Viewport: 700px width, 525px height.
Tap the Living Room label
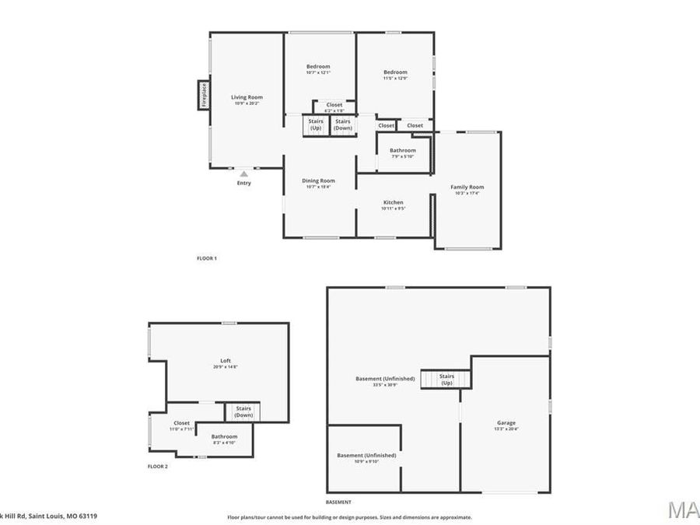[x=247, y=97]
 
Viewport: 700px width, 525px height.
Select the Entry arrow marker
[x=243, y=174]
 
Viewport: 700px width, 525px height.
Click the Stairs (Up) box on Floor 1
[x=316, y=124]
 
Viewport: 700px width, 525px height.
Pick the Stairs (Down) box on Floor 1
[x=343, y=124]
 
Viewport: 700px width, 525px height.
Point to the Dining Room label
[x=319, y=180]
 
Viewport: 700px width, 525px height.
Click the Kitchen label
[x=393, y=202]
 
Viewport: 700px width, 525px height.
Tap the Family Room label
[x=467, y=187]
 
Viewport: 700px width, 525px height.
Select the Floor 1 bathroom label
[x=403, y=150]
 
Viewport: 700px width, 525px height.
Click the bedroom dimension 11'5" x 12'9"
[x=395, y=79]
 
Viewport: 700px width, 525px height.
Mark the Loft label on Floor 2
[x=226, y=361]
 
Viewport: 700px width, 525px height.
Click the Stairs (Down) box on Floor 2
[x=243, y=411]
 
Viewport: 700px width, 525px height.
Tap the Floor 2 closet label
[x=180, y=422]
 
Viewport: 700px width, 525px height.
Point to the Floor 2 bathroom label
[x=224, y=436]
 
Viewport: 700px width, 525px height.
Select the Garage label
[x=506, y=423]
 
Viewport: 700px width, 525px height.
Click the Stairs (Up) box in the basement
[x=446, y=380]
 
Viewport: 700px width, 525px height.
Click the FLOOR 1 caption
[x=206, y=258]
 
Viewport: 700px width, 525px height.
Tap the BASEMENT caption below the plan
[x=338, y=502]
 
